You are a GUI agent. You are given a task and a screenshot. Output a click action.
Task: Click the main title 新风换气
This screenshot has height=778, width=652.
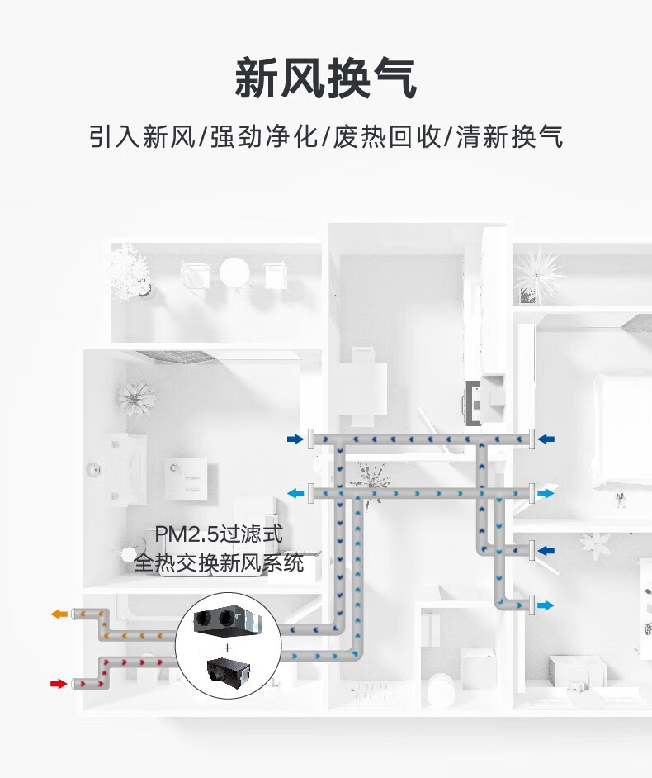tap(326, 78)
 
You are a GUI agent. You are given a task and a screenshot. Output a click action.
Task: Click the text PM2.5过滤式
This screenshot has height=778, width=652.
tap(218, 534)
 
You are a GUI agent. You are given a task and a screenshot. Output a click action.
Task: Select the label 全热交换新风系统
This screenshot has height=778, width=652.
tap(218, 563)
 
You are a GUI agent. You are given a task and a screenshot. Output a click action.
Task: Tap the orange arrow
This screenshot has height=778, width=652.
tap(58, 614)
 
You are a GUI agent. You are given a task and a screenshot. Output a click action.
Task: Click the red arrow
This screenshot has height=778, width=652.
tap(58, 683)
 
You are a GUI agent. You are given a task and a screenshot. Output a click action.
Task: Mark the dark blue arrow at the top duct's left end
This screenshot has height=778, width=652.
tap(295, 439)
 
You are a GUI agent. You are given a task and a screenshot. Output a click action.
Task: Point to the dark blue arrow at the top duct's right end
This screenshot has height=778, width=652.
tap(546, 439)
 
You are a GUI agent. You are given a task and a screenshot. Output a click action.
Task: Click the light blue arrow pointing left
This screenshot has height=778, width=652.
tap(295, 493)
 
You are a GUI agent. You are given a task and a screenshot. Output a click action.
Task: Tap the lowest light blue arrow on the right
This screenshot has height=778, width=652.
tap(546, 605)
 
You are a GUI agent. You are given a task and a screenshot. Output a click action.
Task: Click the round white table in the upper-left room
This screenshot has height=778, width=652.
tap(234, 272)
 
